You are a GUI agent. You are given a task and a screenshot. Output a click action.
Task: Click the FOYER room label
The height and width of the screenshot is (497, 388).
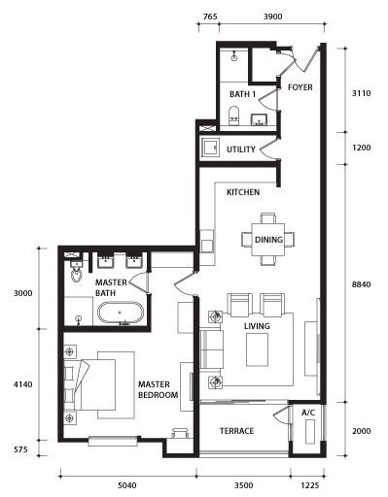tap(300, 87)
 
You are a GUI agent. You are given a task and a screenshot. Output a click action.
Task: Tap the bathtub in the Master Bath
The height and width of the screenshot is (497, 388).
tap(121, 313)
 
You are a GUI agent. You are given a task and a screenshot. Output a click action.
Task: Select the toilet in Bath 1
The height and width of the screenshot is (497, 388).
tap(233, 116)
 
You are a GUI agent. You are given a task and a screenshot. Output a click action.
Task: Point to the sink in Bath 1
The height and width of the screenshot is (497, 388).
tap(259, 119)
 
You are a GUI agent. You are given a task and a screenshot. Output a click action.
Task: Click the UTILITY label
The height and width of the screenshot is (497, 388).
tap(241, 149)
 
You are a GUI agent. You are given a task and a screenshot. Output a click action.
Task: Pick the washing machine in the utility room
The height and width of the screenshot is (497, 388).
tap(211, 148)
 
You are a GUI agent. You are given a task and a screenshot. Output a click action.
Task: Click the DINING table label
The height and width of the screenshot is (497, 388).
tap(268, 240)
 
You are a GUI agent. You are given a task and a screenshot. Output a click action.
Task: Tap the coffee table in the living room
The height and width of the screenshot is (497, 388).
tap(257, 349)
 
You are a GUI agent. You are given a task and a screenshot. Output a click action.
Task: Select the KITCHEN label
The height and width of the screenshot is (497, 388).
tap(243, 192)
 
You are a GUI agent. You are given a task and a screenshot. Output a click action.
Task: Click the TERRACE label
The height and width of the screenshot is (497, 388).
tap(236, 431)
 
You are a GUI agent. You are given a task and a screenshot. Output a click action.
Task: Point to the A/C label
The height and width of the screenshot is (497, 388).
tap(308, 413)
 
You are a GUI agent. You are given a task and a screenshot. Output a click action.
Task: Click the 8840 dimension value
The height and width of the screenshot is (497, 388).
tap(361, 284)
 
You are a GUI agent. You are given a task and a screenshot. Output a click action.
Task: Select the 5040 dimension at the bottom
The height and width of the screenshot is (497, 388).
tap(127, 485)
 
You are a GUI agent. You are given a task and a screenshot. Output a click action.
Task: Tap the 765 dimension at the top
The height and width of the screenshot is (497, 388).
tap(210, 17)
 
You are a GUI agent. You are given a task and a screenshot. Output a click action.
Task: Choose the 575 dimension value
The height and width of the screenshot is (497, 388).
tap(20, 449)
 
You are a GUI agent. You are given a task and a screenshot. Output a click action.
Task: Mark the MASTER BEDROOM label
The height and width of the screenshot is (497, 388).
tap(158, 389)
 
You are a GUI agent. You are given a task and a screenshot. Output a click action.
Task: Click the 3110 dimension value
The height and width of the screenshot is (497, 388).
tap(361, 93)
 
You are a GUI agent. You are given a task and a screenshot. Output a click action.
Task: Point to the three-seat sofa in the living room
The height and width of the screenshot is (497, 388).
tap(211, 349)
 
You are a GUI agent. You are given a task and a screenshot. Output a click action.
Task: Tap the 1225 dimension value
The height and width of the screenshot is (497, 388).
tap(310, 485)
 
